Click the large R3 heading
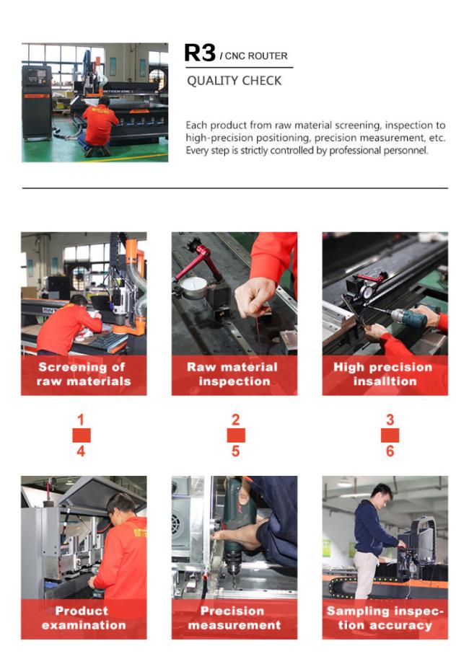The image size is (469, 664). pyautogui.click(x=200, y=53)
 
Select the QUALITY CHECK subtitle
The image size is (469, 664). pyautogui.click(x=234, y=81)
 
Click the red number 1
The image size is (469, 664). pyautogui.click(x=81, y=420)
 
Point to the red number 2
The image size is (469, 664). pyautogui.click(x=235, y=420)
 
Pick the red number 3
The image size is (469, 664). pyautogui.click(x=390, y=420)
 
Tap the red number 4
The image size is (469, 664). pyautogui.click(x=81, y=451)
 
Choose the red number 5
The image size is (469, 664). pyautogui.click(x=235, y=451)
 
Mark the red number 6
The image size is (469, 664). pyautogui.click(x=390, y=451)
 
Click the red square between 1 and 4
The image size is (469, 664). pyautogui.click(x=82, y=435)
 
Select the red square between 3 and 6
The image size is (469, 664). pyautogui.click(x=390, y=435)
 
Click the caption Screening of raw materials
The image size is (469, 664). pyautogui.click(x=84, y=374)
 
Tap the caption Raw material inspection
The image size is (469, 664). pyautogui.click(x=234, y=374)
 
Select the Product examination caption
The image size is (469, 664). pyautogui.click(x=84, y=618)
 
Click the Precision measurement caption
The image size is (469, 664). pyautogui.click(x=234, y=618)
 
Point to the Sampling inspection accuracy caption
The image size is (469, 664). pyautogui.click(x=385, y=618)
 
